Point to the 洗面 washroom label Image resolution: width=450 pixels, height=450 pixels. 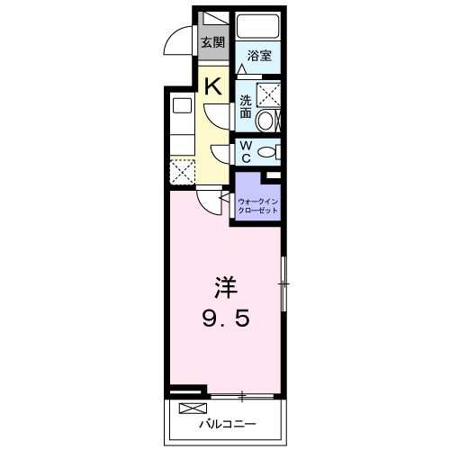[x=244, y=105]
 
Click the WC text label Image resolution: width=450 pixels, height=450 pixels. [x=245, y=149]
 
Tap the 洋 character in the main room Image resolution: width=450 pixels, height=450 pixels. [x=225, y=288]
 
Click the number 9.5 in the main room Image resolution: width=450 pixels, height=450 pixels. [x=225, y=319]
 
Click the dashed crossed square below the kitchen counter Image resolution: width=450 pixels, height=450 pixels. [x=183, y=171]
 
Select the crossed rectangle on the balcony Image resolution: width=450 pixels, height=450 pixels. [x=191, y=409]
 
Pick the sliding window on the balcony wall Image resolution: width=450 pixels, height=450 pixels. [x=243, y=395]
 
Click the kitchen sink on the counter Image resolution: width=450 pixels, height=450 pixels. [x=180, y=104]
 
